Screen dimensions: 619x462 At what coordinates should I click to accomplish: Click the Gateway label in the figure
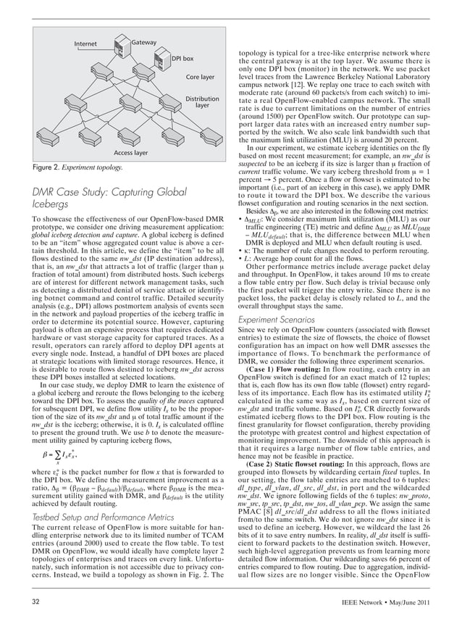(143, 43)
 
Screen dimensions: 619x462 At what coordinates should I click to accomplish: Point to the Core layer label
(200, 77)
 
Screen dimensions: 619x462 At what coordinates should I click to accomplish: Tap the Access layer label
(130, 153)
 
